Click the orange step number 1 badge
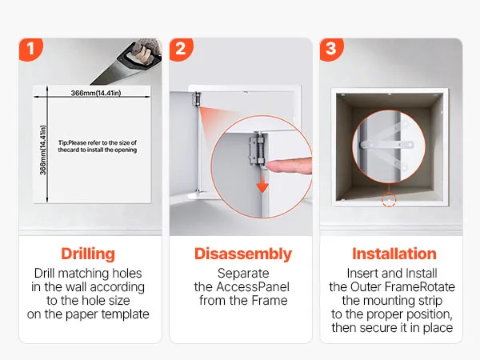point(30,49)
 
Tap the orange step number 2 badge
point(181,49)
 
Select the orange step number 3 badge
point(331,49)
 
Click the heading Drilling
point(88,254)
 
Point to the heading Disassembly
point(243,254)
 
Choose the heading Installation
point(394,254)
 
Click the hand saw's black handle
point(139,56)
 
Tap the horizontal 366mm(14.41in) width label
point(96,93)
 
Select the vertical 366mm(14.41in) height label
point(43,150)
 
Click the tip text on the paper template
point(98,146)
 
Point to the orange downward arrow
point(262,186)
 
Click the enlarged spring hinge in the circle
point(257,150)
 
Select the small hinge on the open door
point(197,99)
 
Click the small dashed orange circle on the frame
point(389,200)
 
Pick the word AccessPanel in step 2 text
point(253,287)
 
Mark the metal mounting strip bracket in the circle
point(387,145)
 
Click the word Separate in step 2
point(243,274)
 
